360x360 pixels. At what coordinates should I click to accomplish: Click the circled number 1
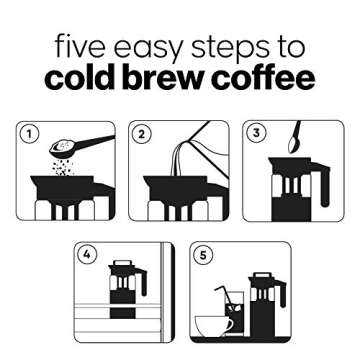(x=31, y=134)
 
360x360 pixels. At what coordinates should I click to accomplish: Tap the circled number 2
(x=143, y=134)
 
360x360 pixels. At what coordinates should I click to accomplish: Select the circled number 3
(x=256, y=133)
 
